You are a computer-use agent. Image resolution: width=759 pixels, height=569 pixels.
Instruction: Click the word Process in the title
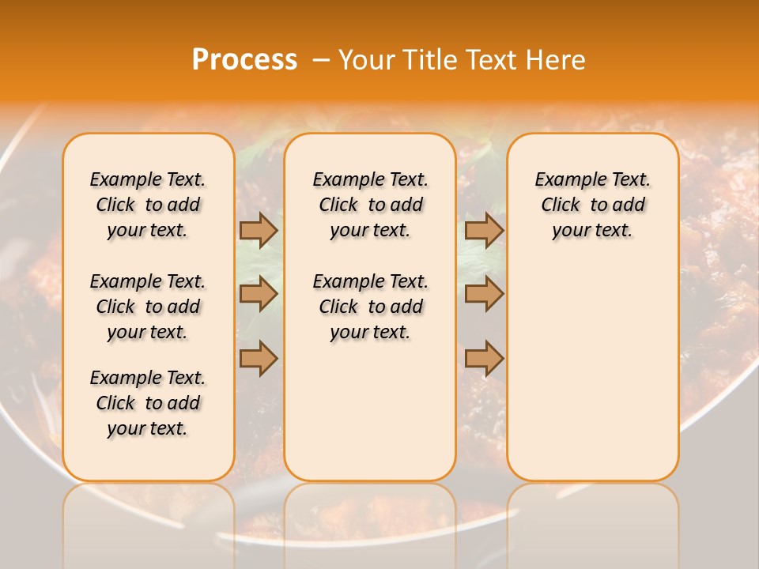tap(244, 60)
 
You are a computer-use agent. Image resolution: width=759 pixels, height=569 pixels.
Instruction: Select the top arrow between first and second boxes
tap(259, 230)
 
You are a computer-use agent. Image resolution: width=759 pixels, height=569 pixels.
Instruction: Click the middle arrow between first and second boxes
tap(259, 295)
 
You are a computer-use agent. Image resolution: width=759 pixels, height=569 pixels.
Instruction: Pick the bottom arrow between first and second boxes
tap(259, 359)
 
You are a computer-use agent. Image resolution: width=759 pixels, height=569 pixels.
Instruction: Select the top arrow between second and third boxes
tap(484, 230)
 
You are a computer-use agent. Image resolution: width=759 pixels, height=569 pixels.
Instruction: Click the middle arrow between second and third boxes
tap(484, 295)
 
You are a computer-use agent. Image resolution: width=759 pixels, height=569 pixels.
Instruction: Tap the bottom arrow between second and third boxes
tap(484, 359)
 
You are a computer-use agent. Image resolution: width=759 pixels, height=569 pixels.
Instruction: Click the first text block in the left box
tap(148, 205)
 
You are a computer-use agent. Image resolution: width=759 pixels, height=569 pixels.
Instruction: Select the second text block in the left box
tap(148, 307)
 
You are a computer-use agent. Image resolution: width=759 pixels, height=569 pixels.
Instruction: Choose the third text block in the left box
tap(148, 403)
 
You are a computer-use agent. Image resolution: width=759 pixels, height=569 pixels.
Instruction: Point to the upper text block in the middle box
tap(370, 205)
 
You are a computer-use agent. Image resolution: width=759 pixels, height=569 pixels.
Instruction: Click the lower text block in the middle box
tap(370, 307)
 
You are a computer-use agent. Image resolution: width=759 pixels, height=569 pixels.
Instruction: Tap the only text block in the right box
tap(592, 205)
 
